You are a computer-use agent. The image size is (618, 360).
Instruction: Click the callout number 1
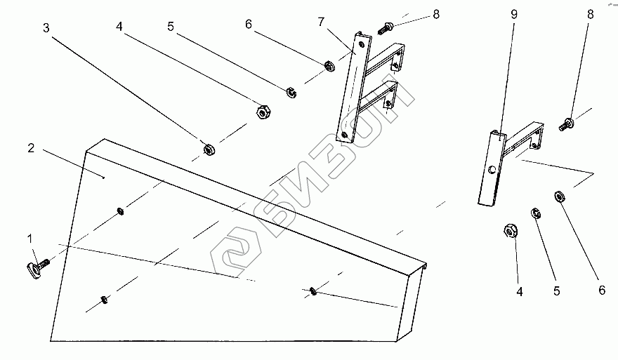[x=30, y=240]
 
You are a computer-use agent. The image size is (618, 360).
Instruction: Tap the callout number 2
[x=31, y=148]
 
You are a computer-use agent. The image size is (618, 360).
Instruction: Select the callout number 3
[x=46, y=29]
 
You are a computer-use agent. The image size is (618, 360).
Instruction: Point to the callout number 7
[x=321, y=22]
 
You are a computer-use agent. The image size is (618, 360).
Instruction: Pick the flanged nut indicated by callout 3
[x=209, y=149]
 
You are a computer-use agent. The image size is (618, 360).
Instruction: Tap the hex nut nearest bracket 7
[x=260, y=111]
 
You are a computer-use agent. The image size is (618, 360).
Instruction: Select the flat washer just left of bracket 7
[x=327, y=67]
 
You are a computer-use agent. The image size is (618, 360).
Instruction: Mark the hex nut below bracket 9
[x=511, y=230]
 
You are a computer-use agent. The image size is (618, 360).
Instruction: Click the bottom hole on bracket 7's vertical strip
[x=344, y=133]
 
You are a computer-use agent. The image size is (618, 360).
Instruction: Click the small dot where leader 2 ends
[x=104, y=178]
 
